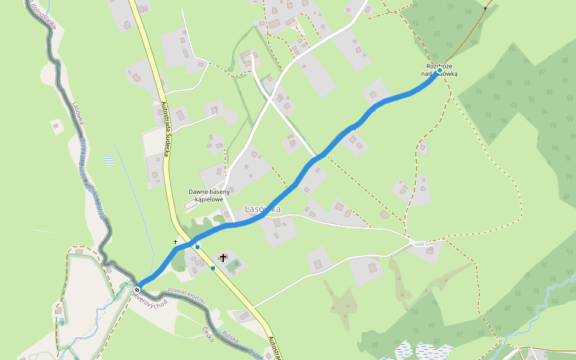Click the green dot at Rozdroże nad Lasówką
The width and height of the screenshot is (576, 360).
pyautogui.click(x=439, y=71)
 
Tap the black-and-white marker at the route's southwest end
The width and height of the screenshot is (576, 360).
pyautogui.click(x=137, y=290)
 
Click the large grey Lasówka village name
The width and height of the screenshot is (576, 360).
pyautogui.click(x=262, y=209)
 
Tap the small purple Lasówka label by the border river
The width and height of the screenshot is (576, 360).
pyautogui.click(x=77, y=113)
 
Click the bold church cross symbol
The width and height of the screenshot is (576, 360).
pyautogui.click(x=223, y=258)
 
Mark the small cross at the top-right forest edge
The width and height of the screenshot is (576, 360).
pyautogui.click(x=485, y=8)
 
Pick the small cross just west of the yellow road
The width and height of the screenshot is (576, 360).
pyautogui.click(x=176, y=242)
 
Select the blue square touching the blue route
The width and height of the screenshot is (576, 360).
pyautogui.click(x=197, y=247)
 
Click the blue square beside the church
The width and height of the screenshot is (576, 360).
pyautogui.click(x=213, y=268)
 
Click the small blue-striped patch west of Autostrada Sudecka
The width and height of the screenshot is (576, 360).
pyautogui.click(x=108, y=161)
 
